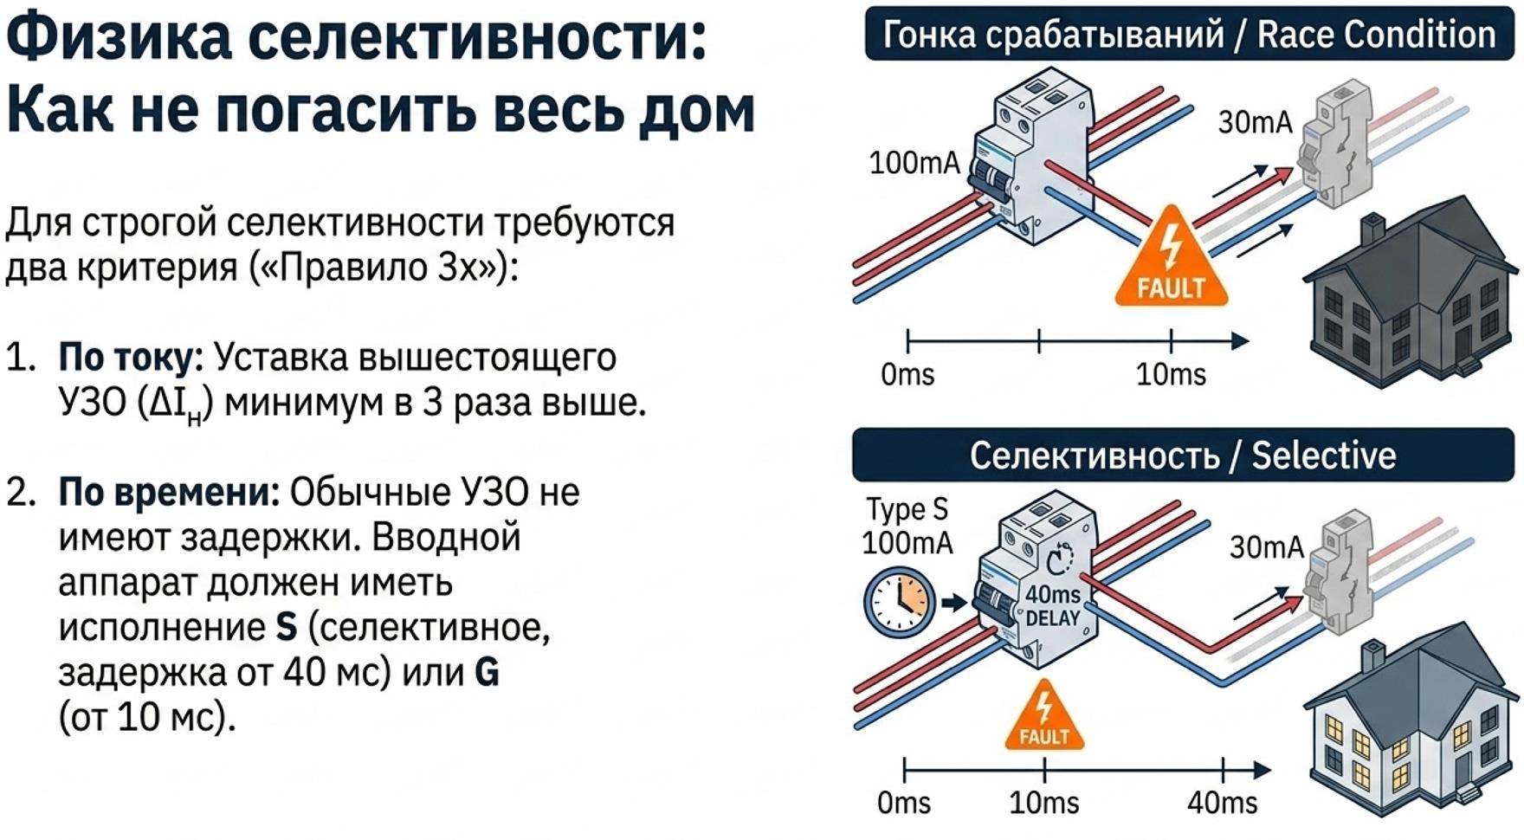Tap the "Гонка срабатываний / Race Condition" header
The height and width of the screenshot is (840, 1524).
(1188, 35)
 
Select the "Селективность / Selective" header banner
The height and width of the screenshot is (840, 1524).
(1182, 455)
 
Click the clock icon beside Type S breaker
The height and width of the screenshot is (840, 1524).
(900, 601)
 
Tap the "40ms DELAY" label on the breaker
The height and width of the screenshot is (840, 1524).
(1053, 605)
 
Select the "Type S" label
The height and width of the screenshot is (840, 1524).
(907, 509)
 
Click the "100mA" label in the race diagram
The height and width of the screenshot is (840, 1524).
(914, 163)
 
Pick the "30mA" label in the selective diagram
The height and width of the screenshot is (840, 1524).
(1266, 547)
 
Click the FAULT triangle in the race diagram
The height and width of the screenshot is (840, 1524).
(1171, 260)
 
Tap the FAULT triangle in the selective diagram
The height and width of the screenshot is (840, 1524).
(1044, 718)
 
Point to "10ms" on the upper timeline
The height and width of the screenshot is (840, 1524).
(1171, 375)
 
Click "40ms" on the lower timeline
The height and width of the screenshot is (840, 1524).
(1222, 803)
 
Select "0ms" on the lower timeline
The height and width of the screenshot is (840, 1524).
(903, 803)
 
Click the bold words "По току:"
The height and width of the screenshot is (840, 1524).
(131, 357)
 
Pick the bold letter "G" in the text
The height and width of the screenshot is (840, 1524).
(488, 673)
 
